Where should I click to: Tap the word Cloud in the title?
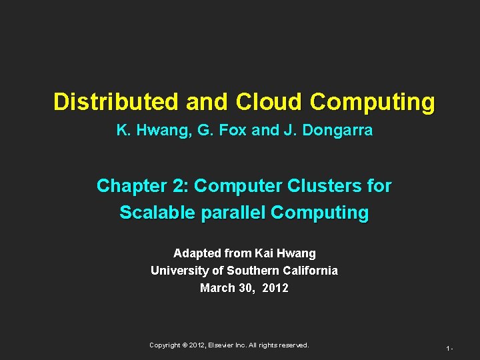pos(269,102)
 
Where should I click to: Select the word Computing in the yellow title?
pos(372,102)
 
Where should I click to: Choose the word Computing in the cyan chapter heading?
pos(320,213)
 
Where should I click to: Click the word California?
pos(310,271)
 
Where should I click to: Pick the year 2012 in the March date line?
pos(275,288)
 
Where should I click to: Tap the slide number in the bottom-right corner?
pos(450,348)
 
